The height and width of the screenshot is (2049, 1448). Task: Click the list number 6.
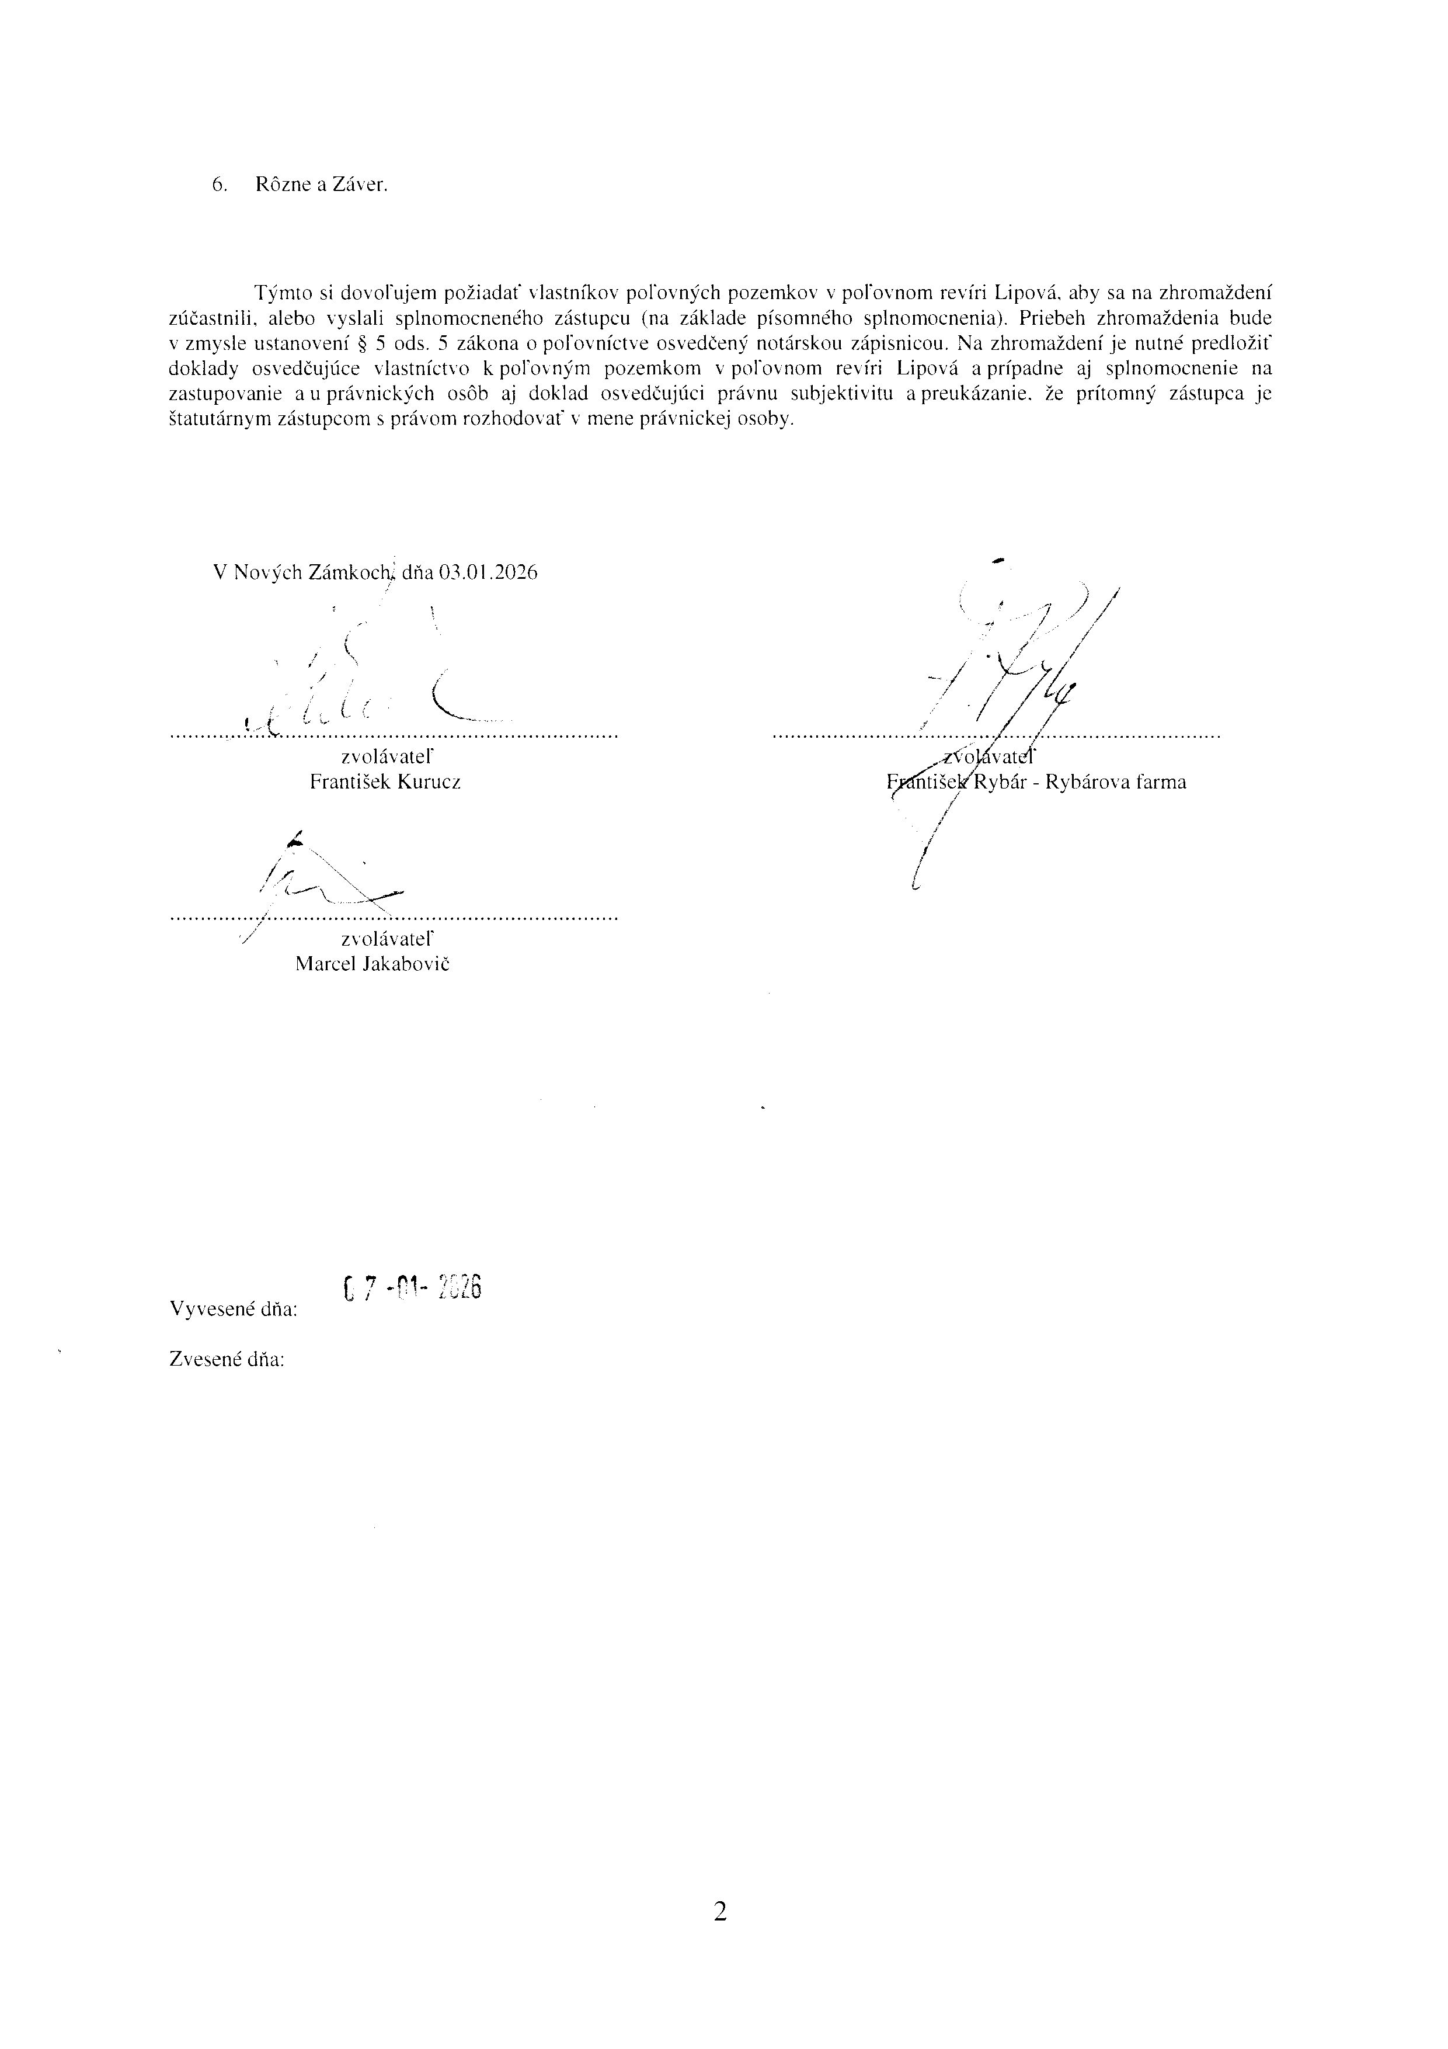[x=218, y=185]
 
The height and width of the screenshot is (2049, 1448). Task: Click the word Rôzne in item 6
[x=279, y=185]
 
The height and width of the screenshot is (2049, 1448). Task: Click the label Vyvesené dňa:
[x=234, y=1310]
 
